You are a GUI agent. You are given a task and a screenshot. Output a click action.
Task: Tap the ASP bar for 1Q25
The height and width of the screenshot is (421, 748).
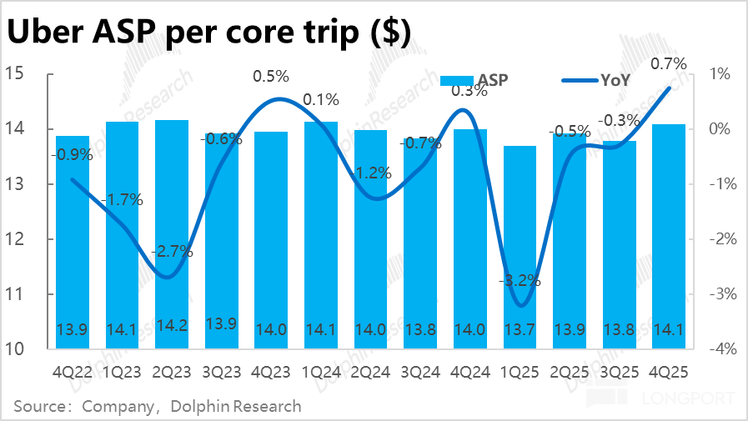[x=520, y=242]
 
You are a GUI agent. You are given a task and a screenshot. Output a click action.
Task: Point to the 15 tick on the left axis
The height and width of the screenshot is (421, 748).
[x=20, y=74]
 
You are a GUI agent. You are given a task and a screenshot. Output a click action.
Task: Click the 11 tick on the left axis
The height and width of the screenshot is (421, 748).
[x=20, y=294]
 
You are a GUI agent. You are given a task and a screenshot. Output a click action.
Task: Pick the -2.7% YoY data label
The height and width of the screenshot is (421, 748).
[x=172, y=251]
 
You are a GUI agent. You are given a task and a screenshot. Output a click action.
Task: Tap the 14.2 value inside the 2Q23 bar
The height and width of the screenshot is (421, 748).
[x=171, y=328]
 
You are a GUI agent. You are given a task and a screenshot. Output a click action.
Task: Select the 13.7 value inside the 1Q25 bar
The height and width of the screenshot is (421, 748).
[x=520, y=328]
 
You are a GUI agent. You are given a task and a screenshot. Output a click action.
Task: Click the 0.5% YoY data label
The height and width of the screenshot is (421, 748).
[x=270, y=77]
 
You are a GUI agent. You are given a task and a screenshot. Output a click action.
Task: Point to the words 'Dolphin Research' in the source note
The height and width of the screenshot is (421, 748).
[x=235, y=407]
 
